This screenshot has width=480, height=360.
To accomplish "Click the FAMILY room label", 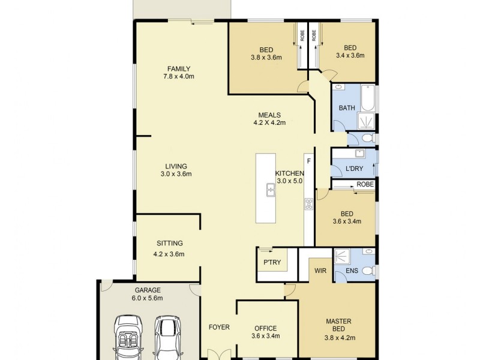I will (179, 68).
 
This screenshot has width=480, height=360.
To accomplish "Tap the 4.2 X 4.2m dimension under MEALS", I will (269, 123).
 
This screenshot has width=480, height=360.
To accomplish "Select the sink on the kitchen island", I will (271, 191).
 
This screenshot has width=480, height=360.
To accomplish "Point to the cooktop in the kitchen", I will (309, 204).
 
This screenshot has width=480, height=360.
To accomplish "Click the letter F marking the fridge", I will (309, 161).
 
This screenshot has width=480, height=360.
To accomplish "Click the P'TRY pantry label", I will (272, 262).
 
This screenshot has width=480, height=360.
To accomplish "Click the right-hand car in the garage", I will (167, 336).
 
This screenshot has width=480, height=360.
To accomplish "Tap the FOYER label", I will (218, 328).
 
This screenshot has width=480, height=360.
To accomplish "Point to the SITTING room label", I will (169, 243).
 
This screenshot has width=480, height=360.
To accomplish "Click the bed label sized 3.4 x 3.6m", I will (350, 49).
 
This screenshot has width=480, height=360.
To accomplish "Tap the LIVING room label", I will (176, 166).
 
